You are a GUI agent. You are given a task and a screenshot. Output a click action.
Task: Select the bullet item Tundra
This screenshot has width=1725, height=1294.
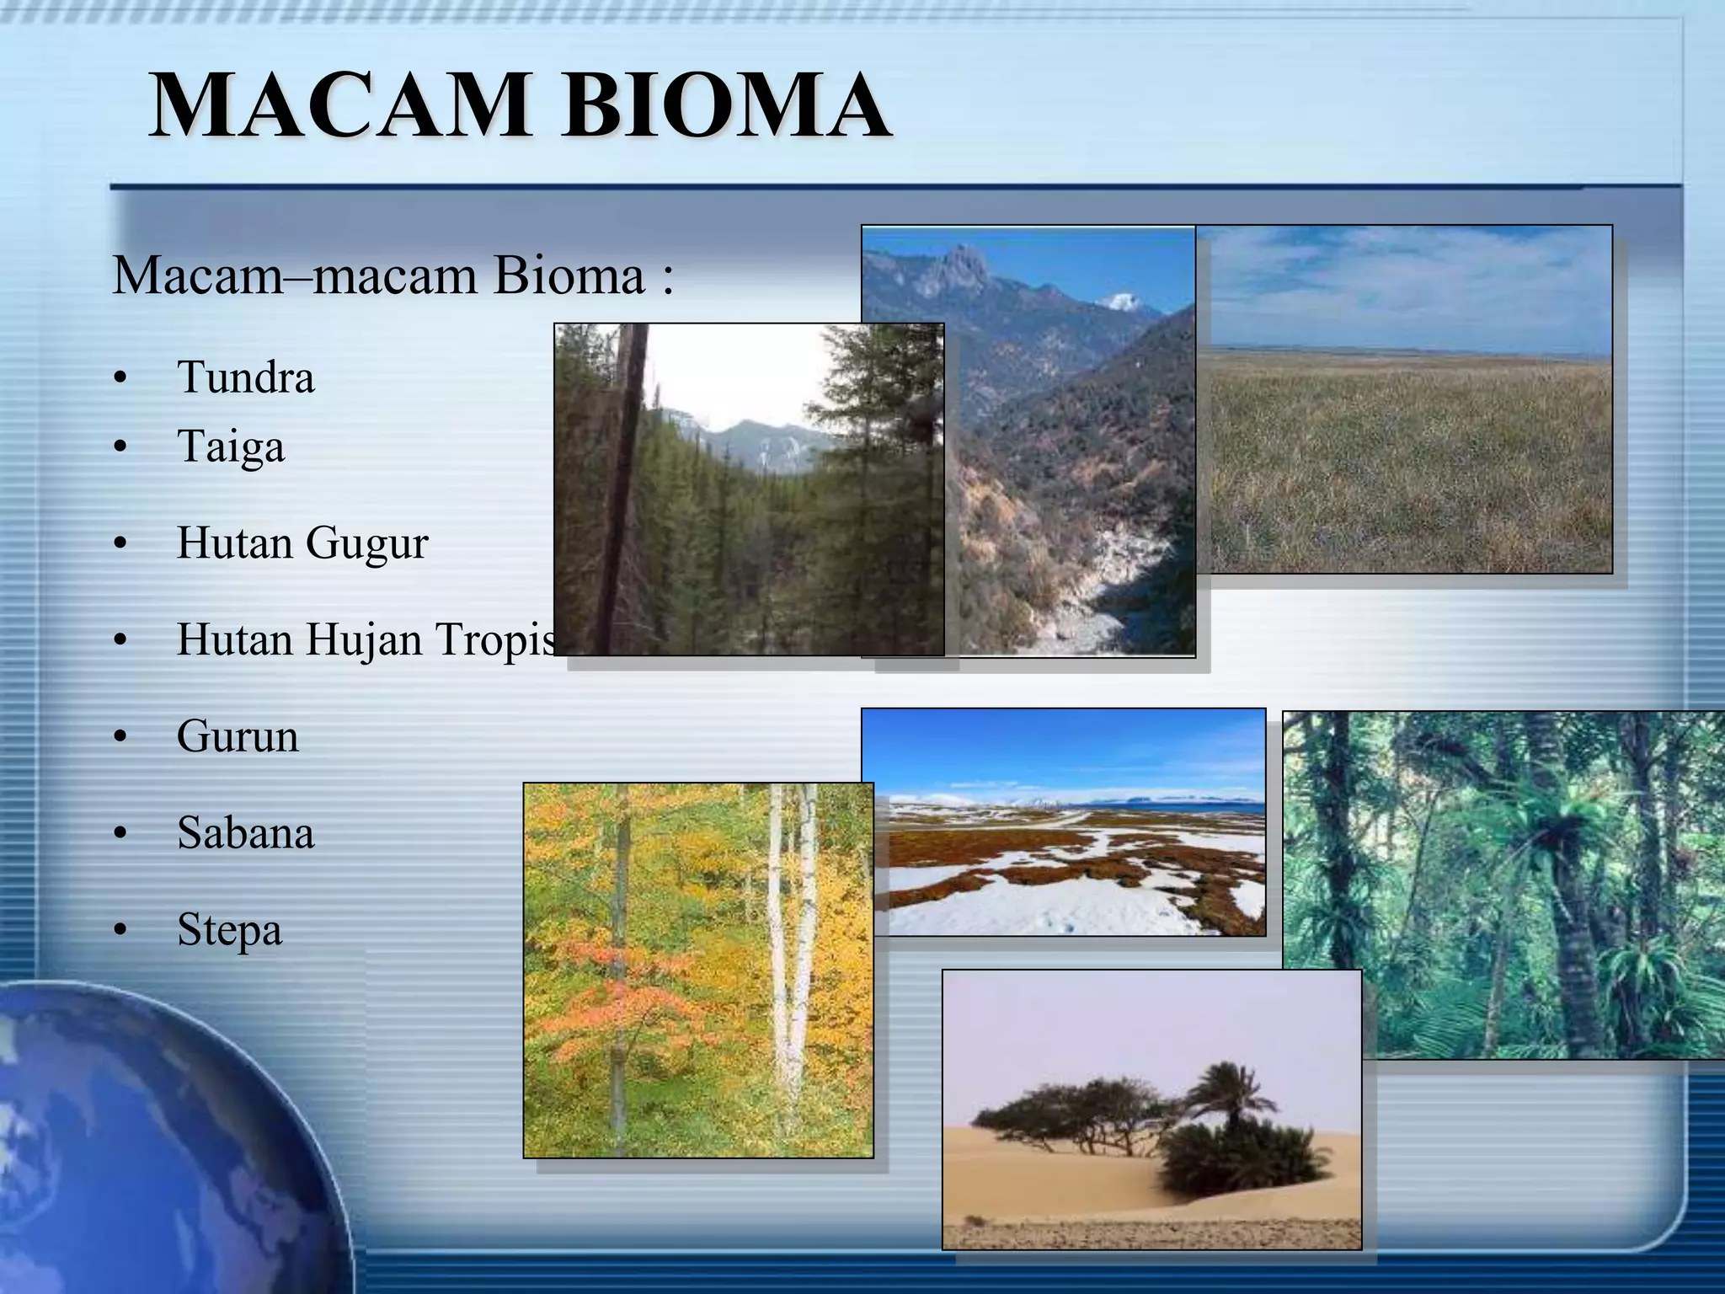click(245, 377)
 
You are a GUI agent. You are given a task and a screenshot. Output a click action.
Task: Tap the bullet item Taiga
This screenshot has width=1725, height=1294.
click(231, 446)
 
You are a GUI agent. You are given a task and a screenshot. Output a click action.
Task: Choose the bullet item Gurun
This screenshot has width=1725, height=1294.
click(238, 737)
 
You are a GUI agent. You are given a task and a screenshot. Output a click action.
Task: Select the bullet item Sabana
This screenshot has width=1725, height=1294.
click(245, 833)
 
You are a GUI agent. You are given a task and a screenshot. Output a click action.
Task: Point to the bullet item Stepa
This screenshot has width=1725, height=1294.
click(229, 930)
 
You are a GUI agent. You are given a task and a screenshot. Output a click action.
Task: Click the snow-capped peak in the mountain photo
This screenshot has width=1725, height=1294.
click(1121, 302)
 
